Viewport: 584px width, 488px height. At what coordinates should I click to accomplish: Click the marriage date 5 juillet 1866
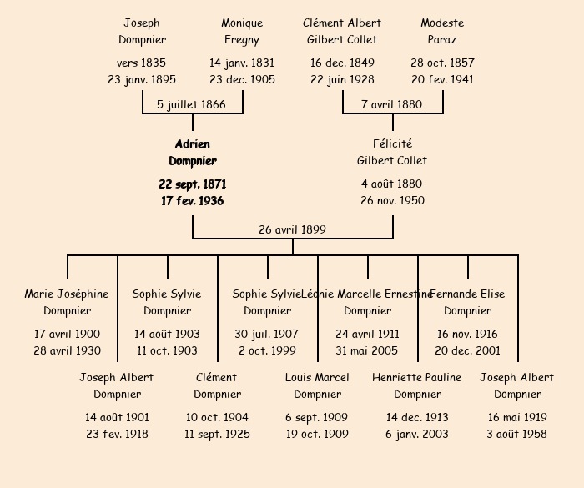(191, 104)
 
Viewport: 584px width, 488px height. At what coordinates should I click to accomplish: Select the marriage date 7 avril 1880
(391, 104)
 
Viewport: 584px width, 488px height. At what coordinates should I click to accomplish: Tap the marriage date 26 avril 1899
(292, 229)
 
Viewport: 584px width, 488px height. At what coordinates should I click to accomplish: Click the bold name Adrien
(192, 144)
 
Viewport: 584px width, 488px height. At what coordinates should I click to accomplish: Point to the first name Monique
(242, 23)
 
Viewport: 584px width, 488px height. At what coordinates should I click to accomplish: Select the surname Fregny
(242, 39)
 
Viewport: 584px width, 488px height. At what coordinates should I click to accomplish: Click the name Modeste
(442, 23)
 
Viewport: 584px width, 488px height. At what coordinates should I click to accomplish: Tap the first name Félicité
(392, 144)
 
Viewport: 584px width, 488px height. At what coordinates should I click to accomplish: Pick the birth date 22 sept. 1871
(192, 184)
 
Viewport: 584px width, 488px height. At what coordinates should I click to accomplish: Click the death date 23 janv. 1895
(142, 80)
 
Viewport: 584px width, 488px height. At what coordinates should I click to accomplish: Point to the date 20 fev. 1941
(442, 80)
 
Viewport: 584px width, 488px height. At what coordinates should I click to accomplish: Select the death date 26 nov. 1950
(392, 200)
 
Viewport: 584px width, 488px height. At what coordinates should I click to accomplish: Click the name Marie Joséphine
(67, 294)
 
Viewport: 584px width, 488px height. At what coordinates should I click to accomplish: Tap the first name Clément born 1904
(216, 377)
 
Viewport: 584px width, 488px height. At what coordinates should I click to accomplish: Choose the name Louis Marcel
(317, 377)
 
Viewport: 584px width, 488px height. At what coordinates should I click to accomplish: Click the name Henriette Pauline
(416, 377)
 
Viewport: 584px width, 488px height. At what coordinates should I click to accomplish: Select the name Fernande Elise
(467, 294)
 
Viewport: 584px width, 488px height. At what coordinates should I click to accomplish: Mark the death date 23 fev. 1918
(117, 434)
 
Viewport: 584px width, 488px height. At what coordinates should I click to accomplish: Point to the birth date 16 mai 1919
(517, 417)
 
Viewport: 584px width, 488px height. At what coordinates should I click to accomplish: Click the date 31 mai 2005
(367, 350)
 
